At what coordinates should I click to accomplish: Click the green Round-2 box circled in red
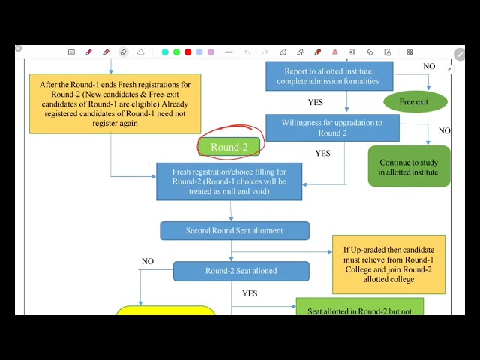coord(229,147)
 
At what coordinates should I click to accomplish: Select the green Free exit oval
coord(415,102)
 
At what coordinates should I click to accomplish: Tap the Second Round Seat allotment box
coord(235,230)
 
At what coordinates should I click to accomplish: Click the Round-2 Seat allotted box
coord(241,271)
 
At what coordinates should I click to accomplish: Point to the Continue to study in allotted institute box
coord(409,166)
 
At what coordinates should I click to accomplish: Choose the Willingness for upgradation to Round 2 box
coord(332,128)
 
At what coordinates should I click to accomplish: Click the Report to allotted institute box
coord(329,76)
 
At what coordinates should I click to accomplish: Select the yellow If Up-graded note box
coord(388,265)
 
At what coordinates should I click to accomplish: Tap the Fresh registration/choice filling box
coord(229,181)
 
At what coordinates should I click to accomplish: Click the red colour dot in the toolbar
coord(188,52)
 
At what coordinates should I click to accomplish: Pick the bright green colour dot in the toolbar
coord(177,52)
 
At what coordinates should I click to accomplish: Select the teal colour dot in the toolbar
coord(165,52)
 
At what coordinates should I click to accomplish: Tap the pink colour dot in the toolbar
coord(211,52)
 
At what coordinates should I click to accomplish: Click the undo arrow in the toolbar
coord(247,52)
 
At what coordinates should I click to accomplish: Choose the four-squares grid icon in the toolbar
coord(410,52)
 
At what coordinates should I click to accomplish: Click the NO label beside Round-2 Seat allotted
coord(148,261)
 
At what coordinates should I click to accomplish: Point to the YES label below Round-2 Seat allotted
coord(250,293)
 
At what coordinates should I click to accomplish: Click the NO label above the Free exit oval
coord(429,66)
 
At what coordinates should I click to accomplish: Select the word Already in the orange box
coord(175,104)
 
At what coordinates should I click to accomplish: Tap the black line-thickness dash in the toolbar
coord(229,52)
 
